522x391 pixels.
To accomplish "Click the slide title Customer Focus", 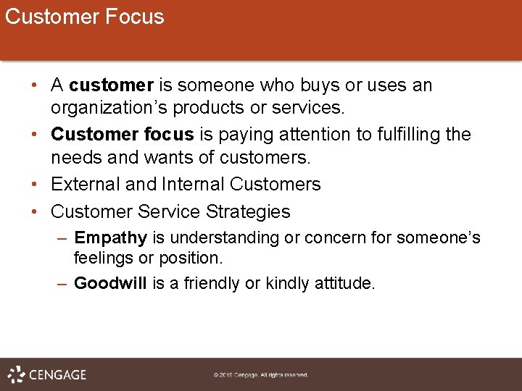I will click(84, 17).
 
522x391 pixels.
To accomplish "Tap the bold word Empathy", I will click(110, 238).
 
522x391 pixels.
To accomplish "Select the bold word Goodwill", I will click(112, 283).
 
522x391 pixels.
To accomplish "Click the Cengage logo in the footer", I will click(47, 374).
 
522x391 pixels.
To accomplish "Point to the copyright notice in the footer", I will click(260, 375).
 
